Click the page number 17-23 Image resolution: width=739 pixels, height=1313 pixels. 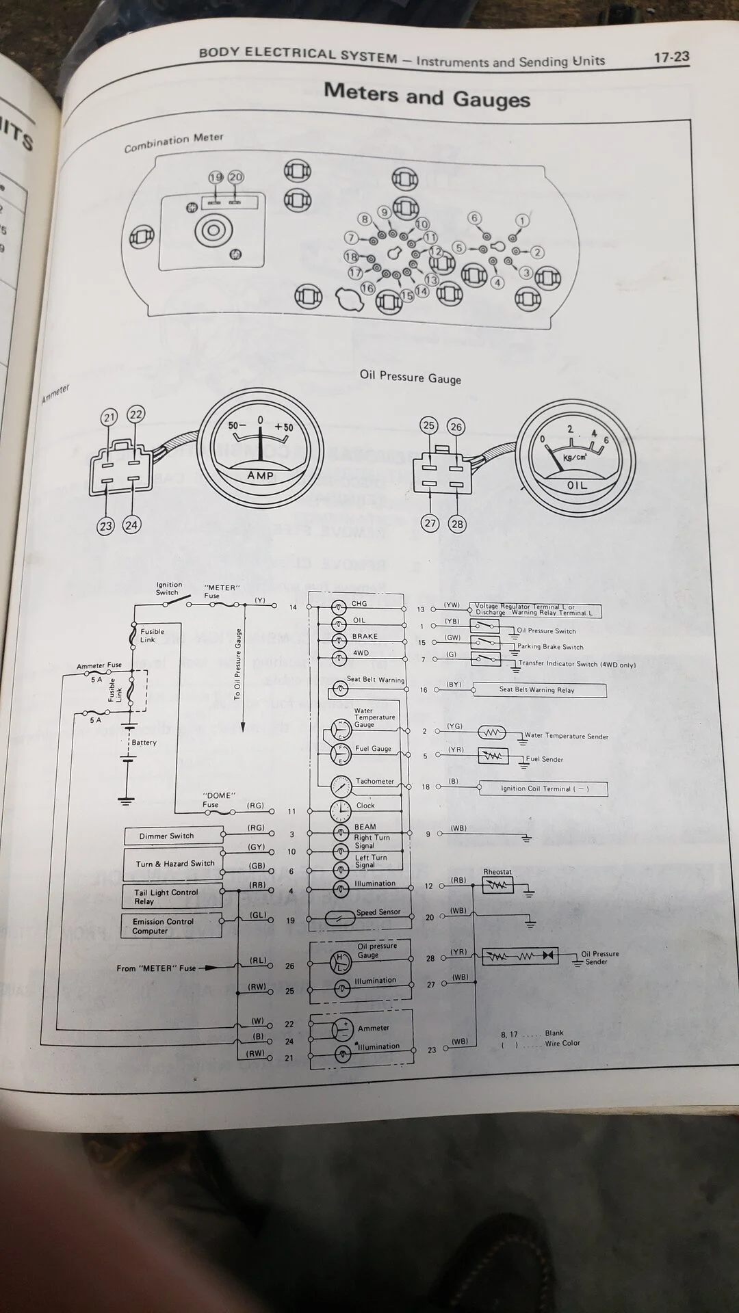(671, 57)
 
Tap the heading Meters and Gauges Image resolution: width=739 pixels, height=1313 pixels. (427, 96)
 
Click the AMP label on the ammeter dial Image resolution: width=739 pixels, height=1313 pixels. (260, 475)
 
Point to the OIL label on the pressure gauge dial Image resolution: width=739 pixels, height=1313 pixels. (577, 485)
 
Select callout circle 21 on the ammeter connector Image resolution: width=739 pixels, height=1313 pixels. (109, 416)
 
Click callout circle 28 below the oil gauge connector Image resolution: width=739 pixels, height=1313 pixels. (457, 525)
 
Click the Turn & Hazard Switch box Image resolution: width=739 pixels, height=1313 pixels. (174, 864)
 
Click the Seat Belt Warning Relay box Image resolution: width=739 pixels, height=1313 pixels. (539, 690)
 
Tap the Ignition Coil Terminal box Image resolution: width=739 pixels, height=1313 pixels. (543, 788)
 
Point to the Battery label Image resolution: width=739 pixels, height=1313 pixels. (144, 742)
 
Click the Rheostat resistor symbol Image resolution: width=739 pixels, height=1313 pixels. (497, 886)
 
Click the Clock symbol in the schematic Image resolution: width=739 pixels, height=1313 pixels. (340, 811)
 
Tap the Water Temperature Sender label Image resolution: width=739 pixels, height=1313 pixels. (566, 737)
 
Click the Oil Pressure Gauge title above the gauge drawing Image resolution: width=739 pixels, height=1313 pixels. (411, 377)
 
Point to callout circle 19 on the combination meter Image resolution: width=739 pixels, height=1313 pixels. (216, 177)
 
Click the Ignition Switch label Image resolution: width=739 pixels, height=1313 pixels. (168, 588)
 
